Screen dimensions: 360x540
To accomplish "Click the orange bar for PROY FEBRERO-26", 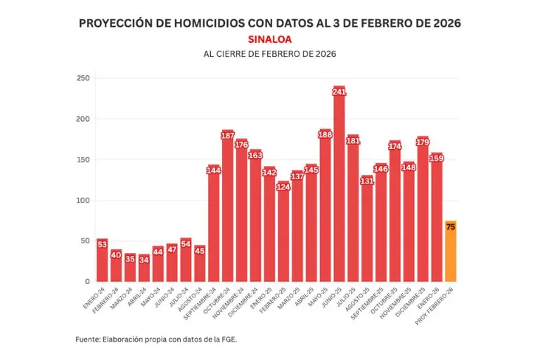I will click(451, 253).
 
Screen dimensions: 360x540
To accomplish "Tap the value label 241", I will click(339, 92).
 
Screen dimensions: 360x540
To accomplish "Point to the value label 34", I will click(144, 259).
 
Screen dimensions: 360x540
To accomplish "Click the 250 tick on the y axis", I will click(83, 78).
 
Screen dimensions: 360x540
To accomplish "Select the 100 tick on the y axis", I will click(83, 200).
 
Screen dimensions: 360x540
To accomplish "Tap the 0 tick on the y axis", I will click(87, 282).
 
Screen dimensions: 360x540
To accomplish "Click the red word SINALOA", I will click(270, 39).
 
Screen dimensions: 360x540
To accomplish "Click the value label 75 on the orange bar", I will click(451, 226).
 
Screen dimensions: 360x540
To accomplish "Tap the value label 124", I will click(283, 187).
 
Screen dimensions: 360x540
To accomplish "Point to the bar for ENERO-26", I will click(437, 218).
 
